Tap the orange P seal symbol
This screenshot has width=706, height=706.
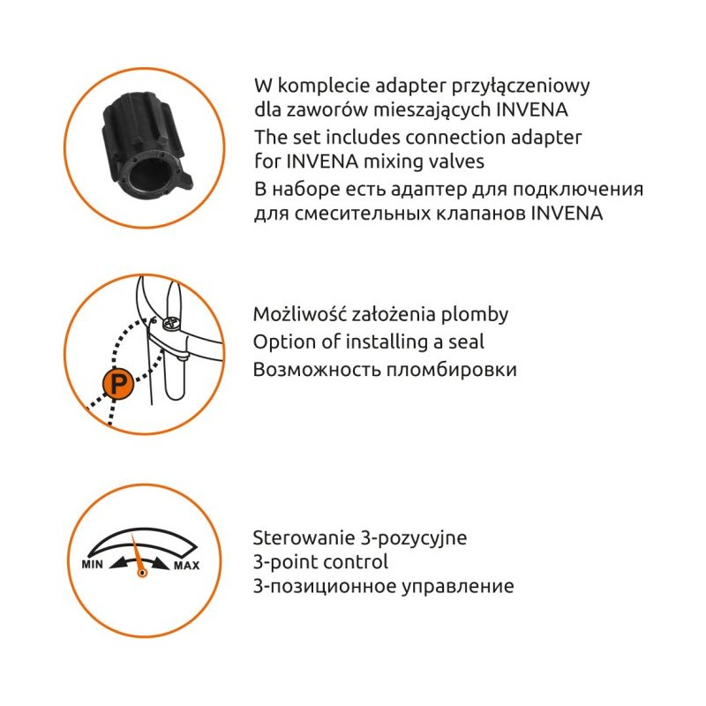pyautogui.click(x=117, y=384)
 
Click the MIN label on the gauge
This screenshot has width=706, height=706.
pyautogui.click(x=92, y=564)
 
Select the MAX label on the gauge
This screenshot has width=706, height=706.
pyautogui.click(x=187, y=566)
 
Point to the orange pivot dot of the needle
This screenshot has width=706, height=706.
pyautogui.click(x=142, y=573)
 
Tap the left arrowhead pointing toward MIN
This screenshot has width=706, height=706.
pyautogui.click(x=118, y=563)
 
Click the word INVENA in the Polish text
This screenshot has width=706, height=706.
pyautogui.click(x=532, y=109)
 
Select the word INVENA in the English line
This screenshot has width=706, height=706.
pyautogui.click(x=322, y=161)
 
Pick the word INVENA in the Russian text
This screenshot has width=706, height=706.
pyautogui.click(x=567, y=213)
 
